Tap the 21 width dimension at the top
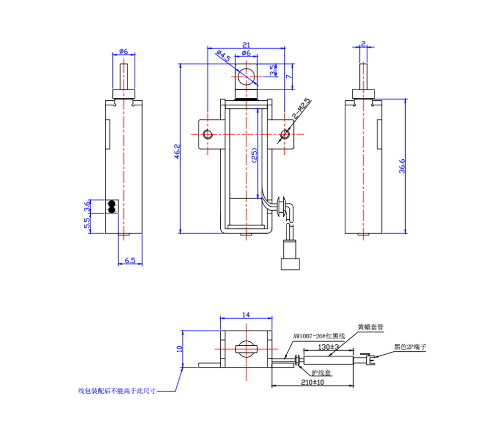tap(246, 44)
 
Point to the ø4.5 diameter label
tap(222, 55)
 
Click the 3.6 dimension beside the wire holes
tap(87, 206)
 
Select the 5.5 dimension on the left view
tap(87, 222)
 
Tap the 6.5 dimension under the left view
tap(130, 260)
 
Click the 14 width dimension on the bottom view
tap(246, 315)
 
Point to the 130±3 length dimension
tap(328, 347)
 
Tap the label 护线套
tap(321, 372)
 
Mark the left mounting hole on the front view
tap(207, 134)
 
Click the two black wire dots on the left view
tap(111, 206)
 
